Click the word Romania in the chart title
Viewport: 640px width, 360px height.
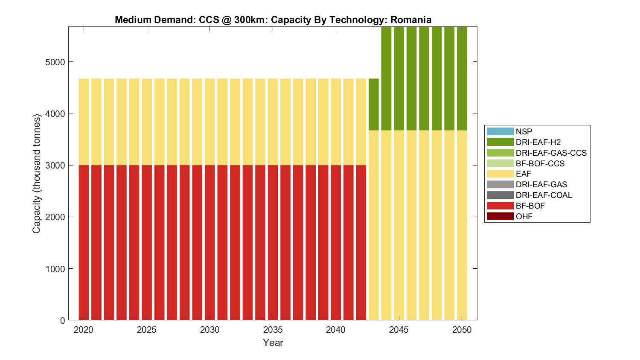point(411,20)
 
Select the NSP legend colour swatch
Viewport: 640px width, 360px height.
point(500,131)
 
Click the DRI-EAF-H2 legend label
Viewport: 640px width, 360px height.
point(538,142)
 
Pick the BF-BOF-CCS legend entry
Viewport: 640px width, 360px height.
point(540,163)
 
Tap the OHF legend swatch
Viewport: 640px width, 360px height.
point(500,216)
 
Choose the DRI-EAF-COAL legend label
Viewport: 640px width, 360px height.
point(544,195)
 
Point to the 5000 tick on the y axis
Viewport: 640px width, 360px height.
point(55,62)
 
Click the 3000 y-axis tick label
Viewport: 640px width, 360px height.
point(55,165)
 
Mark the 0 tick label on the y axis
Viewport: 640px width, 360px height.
point(63,320)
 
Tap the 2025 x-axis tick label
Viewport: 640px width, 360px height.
point(146,330)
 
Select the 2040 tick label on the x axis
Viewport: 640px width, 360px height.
point(336,330)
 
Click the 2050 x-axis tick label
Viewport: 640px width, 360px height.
point(462,330)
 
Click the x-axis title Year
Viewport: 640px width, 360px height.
point(273,343)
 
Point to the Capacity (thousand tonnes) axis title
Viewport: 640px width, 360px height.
point(37,174)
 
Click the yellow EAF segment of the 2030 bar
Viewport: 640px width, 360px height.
point(209,122)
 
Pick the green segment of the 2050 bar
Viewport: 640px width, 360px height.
point(462,78)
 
